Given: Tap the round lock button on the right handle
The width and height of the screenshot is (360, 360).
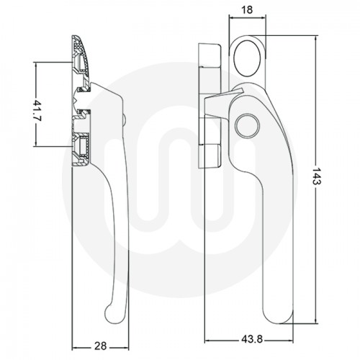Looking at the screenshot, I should click(246, 124).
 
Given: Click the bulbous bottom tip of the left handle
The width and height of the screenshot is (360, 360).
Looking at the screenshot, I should click(112, 310).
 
